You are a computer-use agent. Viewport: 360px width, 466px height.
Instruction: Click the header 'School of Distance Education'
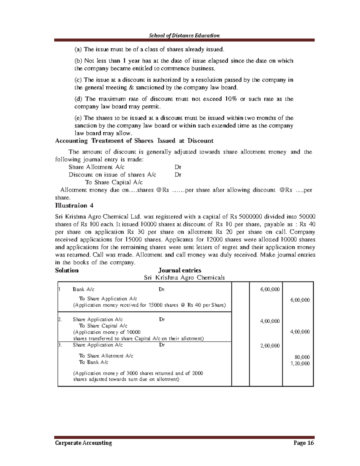click(184, 35)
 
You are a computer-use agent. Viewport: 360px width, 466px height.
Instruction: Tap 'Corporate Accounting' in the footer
click(83, 443)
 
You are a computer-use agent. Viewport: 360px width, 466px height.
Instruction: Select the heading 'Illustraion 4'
click(74, 206)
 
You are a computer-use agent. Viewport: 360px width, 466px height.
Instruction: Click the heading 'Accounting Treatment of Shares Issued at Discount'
click(134, 141)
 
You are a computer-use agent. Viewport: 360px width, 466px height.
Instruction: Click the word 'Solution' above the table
click(67, 270)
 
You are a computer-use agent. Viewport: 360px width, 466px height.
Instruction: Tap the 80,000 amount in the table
click(302, 357)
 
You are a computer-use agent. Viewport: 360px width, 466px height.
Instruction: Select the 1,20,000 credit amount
click(300, 363)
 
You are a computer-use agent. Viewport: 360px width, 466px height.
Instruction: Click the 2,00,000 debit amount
click(270, 346)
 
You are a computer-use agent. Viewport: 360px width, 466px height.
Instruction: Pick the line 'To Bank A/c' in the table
click(94, 362)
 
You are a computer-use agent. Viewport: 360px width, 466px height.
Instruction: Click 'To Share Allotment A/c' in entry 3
click(106, 356)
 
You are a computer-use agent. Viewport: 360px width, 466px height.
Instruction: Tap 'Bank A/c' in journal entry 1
click(83, 290)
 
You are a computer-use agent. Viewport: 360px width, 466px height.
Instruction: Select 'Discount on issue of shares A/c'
click(112, 175)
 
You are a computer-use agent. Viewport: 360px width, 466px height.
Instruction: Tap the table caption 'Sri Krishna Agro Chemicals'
click(184, 278)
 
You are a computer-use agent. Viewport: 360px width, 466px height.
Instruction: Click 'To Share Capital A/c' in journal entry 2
click(103, 326)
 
